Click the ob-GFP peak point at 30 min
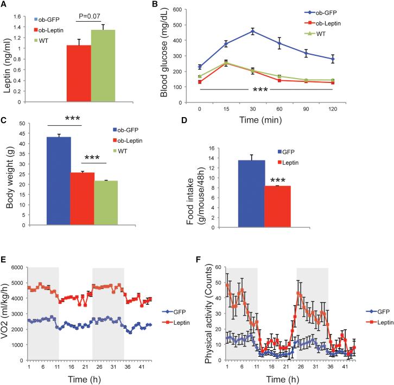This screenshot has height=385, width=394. (x=252, y=31)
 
